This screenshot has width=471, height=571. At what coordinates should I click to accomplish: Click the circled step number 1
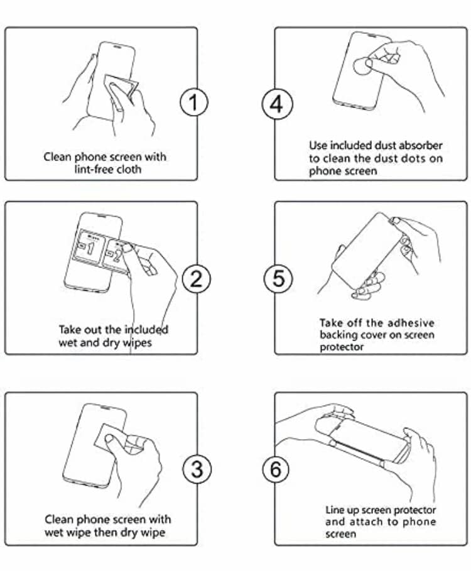pos(194,102)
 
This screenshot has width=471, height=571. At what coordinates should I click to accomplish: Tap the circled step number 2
pos(196,278)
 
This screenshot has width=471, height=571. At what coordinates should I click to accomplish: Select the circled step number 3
pos(196,468)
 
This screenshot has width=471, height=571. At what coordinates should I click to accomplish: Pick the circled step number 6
pos(276,468)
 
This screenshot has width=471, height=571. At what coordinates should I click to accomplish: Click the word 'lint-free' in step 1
pos(92,170)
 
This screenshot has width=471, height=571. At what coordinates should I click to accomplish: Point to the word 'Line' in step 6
pos(335,510)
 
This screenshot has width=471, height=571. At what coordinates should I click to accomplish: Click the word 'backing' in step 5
pos(337,335)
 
